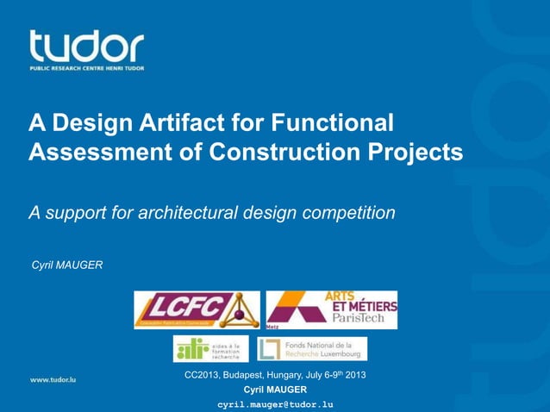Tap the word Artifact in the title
pyautogui.click(x=179, y=123)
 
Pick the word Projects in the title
pyautogui.click(x=416, y=153)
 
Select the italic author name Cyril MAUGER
pyautogui.click(x=67, y=263)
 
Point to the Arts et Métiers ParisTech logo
pyautogui.click(x=332, y=309)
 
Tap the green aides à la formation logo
pyautogui.click(x=210, y=348)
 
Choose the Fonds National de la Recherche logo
pyautogui.click(x=312, y=348)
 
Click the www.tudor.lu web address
pyautogui.click(x=53, y=378)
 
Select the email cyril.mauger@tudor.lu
pyautogui.click(x=275, y=403)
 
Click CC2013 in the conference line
pyautogui.click(x=203, y=376)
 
